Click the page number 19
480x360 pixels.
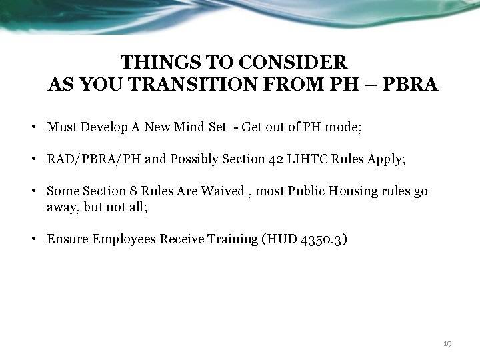[x=447, y=343]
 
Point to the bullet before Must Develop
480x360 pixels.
[x=33, y=127]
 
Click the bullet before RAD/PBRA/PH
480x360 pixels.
[x=33, y=159]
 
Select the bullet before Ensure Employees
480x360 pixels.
[x=33, y=239]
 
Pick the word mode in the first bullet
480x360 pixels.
[x=344, y=127]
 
